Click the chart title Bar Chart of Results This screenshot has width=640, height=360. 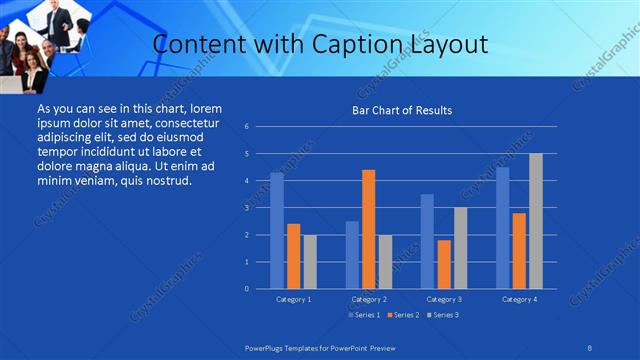401,110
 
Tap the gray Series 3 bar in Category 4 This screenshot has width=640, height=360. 535,221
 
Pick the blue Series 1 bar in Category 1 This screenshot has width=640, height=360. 277,231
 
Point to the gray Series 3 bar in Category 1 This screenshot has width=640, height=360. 309,261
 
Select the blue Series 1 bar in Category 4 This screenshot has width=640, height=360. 503,228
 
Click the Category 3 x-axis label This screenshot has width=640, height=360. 443,299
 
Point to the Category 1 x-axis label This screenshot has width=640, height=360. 293,299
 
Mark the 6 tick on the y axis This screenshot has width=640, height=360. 246,127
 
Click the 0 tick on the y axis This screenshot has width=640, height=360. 246,289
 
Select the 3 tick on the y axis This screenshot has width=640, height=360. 246,208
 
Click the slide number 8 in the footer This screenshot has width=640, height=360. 589,347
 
